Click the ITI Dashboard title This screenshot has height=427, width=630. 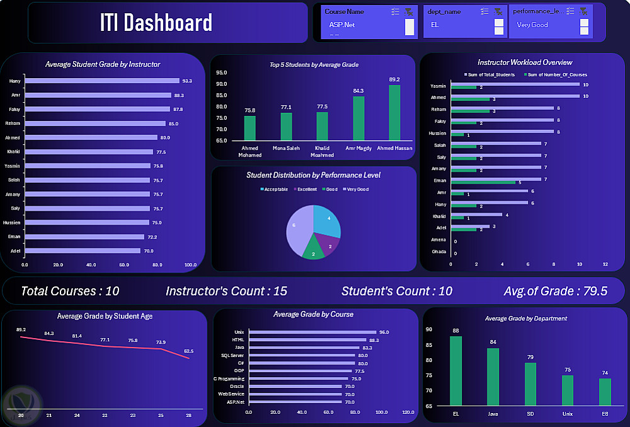156,23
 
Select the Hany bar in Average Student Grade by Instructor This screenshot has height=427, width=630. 101,81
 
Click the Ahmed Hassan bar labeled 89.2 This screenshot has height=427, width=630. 394,112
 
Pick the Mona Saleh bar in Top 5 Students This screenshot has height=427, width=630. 286,126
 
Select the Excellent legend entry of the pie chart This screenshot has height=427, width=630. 306,189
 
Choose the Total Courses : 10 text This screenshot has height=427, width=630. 70,291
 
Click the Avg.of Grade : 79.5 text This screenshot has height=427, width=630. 555,291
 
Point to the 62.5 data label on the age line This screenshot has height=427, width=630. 189,351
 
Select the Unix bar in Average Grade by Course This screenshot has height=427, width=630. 312,332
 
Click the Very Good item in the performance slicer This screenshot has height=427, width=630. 532,25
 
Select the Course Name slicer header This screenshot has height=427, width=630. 344,11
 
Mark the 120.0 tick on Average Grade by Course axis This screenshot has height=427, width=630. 408,412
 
